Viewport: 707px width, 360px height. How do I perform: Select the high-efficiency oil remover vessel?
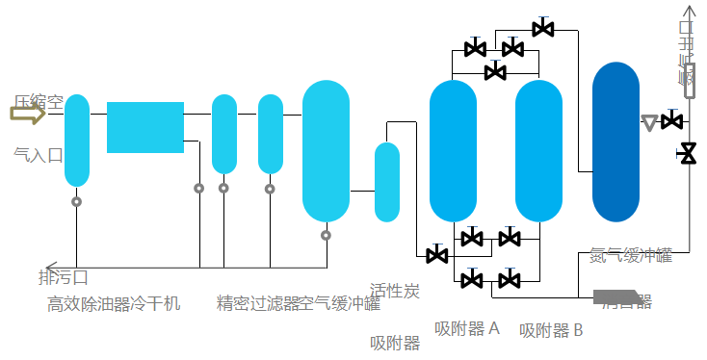click(77, 140)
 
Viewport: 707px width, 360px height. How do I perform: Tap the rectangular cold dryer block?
click(145, 127)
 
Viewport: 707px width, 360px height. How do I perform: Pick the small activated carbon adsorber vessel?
click(386, 181)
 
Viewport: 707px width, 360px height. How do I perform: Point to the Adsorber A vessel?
click(453, 150)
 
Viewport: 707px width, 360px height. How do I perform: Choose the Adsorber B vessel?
click(538, 150)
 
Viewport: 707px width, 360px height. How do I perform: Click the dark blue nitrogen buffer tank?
click(615, 141)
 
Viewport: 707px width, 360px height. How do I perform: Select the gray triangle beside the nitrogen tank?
click(649, 122)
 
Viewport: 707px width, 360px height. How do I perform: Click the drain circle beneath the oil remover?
click(77, 202)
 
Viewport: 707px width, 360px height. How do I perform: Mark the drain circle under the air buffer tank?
click(326, 235)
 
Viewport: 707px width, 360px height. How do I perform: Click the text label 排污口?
click(64, 278)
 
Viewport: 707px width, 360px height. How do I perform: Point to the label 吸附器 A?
click(467, 328)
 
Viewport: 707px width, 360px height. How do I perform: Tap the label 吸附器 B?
click(551, 330)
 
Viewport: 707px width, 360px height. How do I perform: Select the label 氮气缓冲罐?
click(631, 255)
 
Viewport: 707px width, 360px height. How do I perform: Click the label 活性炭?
click(395, 291)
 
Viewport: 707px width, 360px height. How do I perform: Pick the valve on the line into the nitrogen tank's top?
click(543, 29)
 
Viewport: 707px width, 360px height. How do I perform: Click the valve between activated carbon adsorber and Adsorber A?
click(436, 255)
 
